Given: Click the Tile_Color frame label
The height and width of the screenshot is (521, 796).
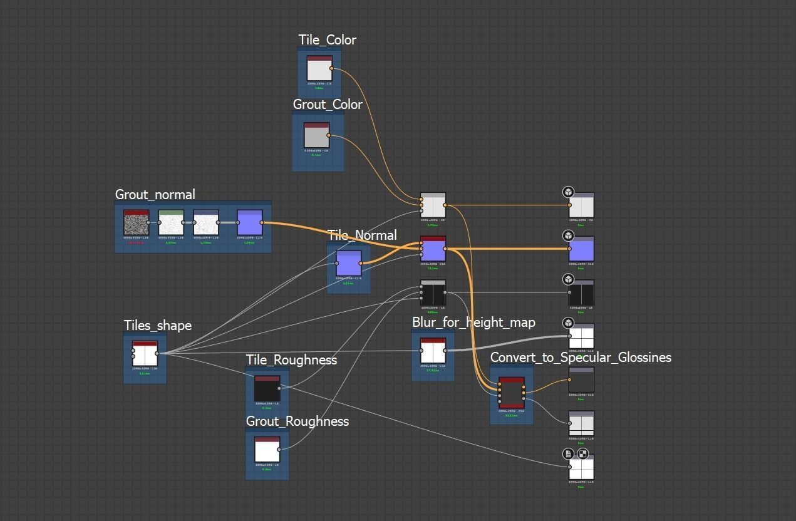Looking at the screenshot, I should (327, 40).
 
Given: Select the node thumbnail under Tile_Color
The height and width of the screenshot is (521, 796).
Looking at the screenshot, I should (319, 68).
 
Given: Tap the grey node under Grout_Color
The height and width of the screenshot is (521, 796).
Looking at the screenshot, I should (316, 135).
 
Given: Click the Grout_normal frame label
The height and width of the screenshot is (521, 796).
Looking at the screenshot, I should (155, 195).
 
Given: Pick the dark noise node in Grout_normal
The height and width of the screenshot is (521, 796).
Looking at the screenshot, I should (136, 222).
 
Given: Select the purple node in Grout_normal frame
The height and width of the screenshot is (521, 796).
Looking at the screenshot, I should (249, 222).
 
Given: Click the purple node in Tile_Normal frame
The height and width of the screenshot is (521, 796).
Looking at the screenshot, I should (349, 263).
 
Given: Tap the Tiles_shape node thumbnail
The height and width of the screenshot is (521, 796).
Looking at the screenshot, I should (145, 353).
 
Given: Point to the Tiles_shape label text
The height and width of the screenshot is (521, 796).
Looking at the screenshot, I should (158, 326).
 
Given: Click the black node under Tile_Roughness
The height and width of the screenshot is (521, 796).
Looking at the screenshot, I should (267, 388).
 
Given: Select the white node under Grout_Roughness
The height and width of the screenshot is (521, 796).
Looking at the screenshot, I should (267, 449).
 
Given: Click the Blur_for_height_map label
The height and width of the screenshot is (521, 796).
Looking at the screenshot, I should (473, 322).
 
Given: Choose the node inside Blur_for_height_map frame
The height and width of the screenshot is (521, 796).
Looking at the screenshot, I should (433, 350).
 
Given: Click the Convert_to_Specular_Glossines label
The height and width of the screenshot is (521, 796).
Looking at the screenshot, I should (581, 358).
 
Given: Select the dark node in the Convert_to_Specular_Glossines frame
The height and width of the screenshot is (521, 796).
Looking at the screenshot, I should (512, 393).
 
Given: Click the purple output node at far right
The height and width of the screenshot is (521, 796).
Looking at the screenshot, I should (581, 249).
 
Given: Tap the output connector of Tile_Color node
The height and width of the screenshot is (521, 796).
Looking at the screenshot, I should (332, 68).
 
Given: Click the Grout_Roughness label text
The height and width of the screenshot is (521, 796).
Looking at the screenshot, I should (297, 421).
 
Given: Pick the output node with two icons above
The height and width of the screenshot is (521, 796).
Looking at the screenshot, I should (581, 467).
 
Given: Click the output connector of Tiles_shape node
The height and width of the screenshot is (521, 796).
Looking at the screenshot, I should (157, 353).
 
